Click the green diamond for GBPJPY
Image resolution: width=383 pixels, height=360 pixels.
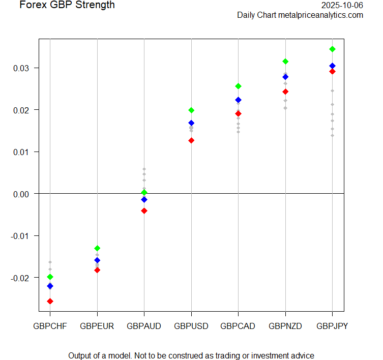[x=332, y=49]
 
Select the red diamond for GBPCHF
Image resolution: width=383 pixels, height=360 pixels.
[x=50, y=301]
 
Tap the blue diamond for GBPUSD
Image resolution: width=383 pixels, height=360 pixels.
[x=191, y=123]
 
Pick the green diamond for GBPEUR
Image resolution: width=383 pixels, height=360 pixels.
[x=97, y=248]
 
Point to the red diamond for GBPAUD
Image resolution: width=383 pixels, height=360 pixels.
[x=144, y=211]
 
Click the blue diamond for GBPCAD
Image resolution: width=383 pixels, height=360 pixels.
[x=238, y=100]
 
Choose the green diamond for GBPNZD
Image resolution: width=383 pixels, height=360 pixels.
[x=285, y=62]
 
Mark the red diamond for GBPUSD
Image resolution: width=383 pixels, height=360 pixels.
[x=191, y=140]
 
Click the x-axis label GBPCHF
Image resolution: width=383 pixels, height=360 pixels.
[x=50, y=326]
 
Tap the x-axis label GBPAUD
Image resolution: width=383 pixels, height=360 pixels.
[x=144, y=326]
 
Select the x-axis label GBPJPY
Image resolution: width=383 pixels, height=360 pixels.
[x=332, y=326]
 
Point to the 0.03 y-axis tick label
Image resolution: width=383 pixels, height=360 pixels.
[x=22, y=68]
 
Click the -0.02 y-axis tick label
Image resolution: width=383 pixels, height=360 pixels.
[x=21, y=278]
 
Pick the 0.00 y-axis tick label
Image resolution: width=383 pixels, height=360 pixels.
[x=22, y=194]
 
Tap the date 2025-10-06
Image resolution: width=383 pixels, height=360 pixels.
[x=342, y=5]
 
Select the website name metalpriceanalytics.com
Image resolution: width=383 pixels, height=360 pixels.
[x=320, y=15]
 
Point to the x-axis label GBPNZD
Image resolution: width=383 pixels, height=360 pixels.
[x=285, y=326]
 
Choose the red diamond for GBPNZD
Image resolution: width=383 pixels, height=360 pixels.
[x=285, y=92]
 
